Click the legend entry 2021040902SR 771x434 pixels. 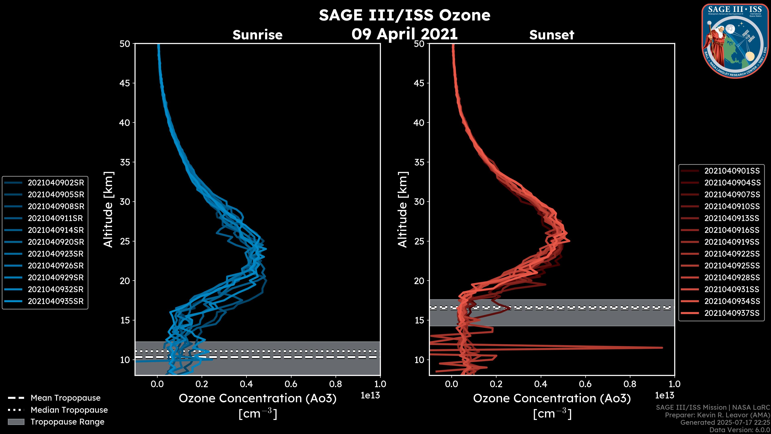(x=56, y=183)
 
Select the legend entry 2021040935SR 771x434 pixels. (x=56, y=301)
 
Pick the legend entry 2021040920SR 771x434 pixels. (x=56, y=242)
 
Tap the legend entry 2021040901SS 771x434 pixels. (x=732, y=171)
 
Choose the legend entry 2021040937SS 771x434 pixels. (x=732, y=313)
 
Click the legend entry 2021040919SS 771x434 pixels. (x=732, y=242)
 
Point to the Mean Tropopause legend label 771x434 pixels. (x=65, y=398)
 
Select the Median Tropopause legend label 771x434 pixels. (x=69, y=410)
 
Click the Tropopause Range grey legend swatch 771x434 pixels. (x=16, y=422)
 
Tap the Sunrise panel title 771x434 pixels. (x=257, y=35)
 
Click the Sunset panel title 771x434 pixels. (x=552, y=35)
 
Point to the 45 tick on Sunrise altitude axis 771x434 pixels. (x=125, y=83)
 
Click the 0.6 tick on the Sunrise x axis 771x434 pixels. (x=291, y=384)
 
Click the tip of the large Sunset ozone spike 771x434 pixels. (x=662, y=348)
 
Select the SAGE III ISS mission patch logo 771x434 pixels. (x=735, y=41)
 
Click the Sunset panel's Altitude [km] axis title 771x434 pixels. (x=403, y=210)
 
